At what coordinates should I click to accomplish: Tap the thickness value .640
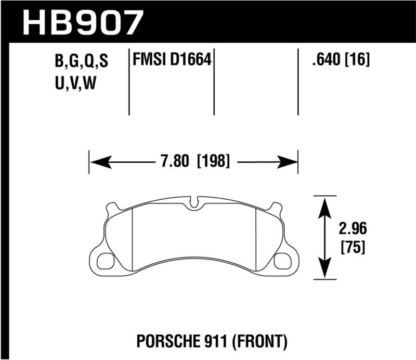point(325,61)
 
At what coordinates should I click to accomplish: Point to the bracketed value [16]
point(357,61)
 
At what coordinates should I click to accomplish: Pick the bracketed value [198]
point(213,161)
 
